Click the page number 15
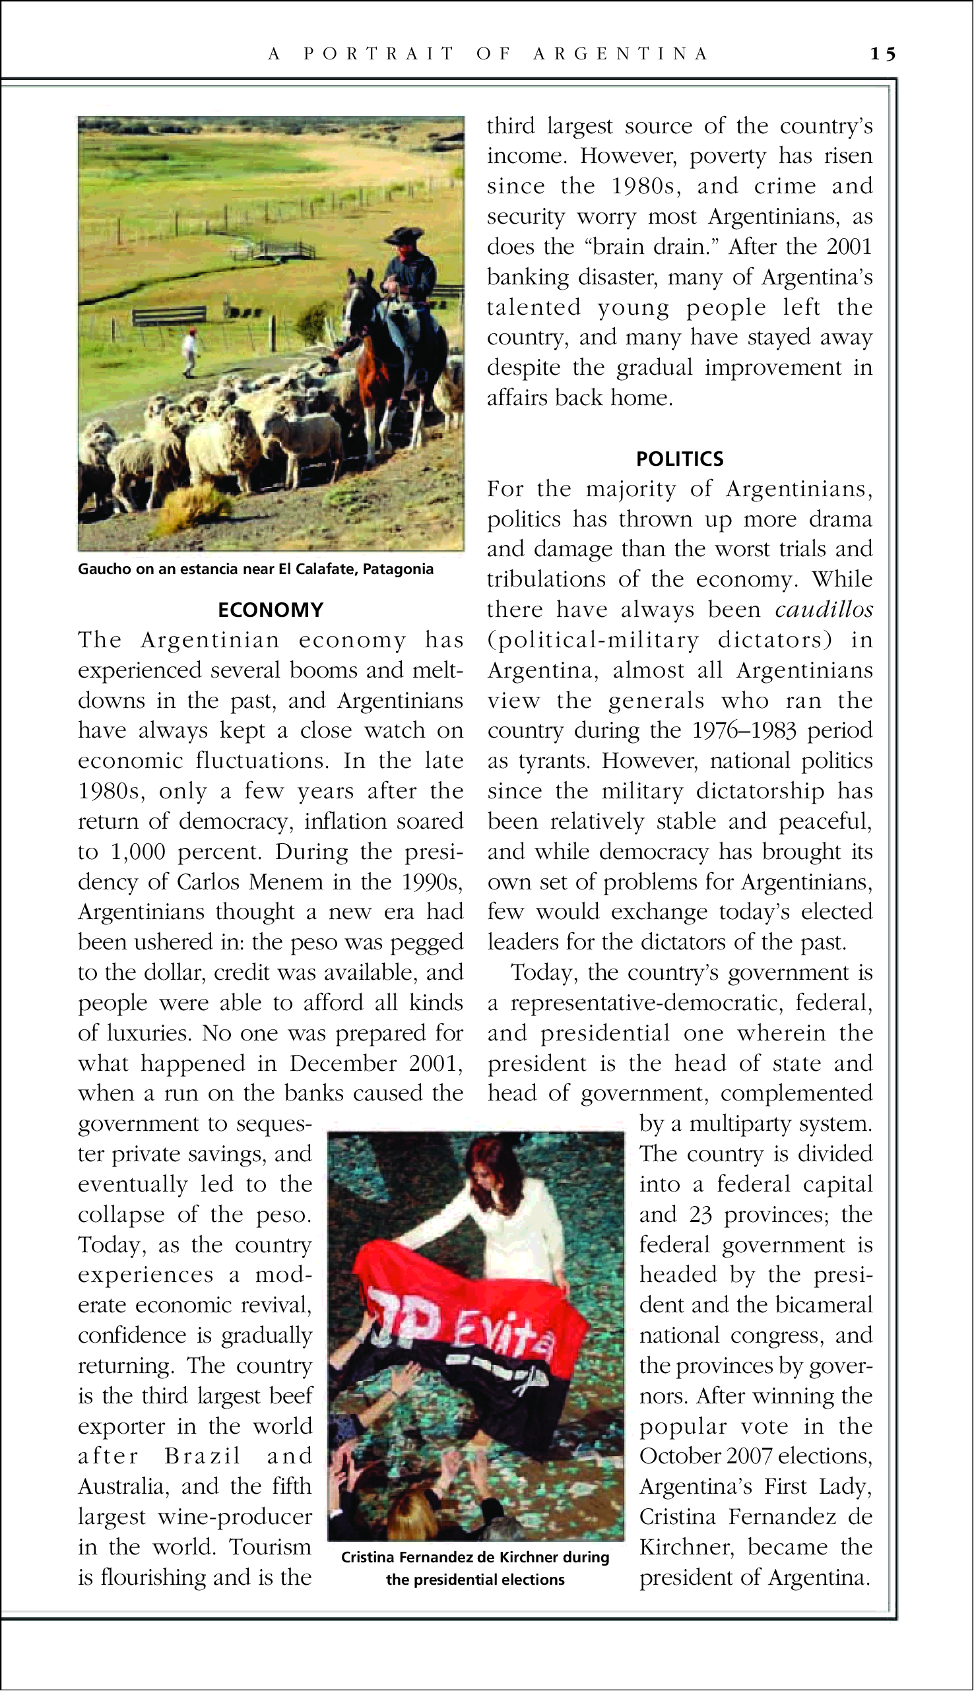tap(882, 53)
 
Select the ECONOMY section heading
tap(271, 610)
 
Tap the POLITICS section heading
tap(680, 459)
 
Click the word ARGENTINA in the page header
tap(620, 53)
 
